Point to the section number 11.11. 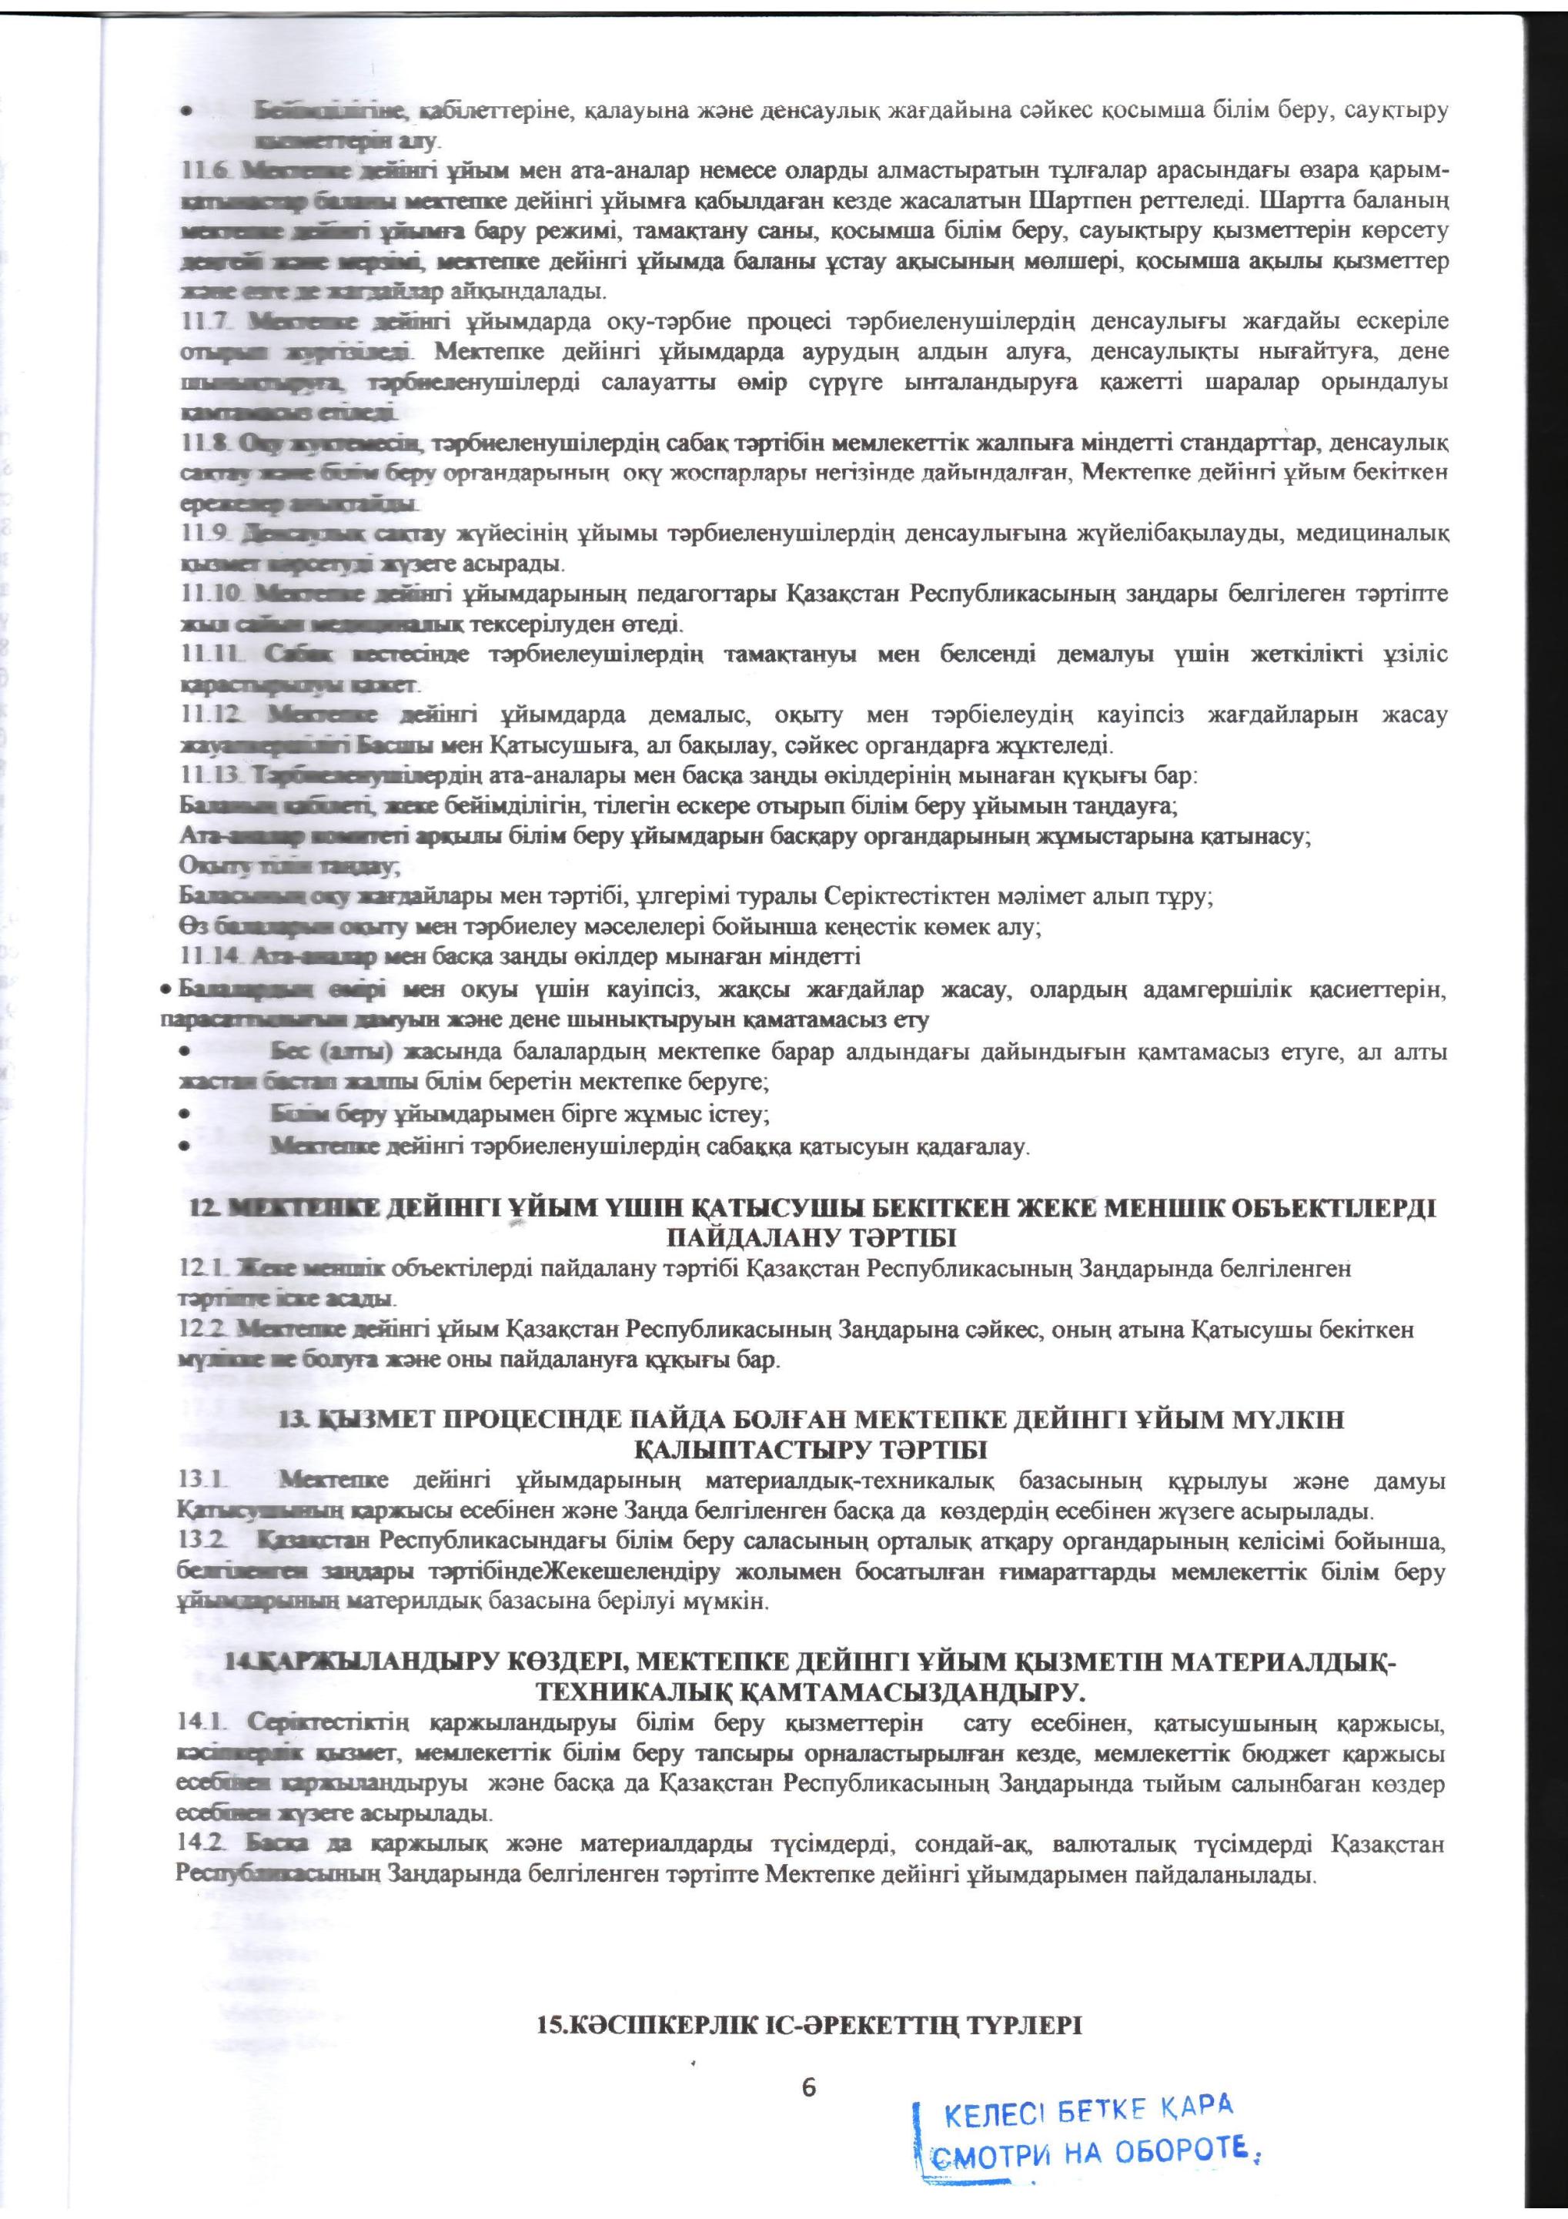click(x=209, y=654)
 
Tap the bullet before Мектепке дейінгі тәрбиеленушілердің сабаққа click(x=183, y=1147)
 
